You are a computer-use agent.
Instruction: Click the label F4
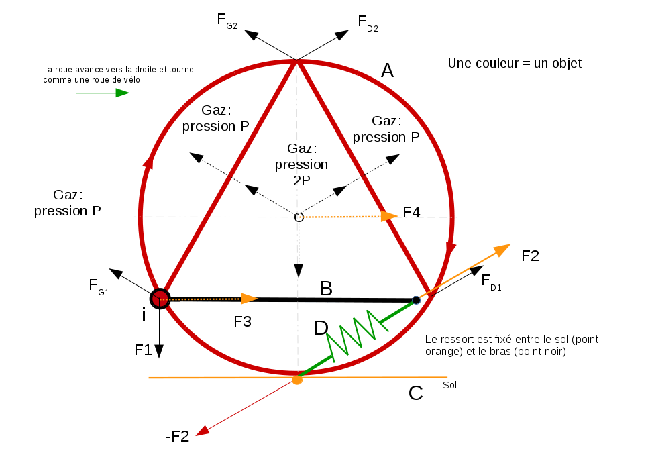[411, 213]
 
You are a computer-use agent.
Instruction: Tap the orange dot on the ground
[297, 380]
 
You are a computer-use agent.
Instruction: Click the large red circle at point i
[160, 298]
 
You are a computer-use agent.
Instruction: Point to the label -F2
[178, 436]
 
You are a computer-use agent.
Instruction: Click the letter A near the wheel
[387, 70]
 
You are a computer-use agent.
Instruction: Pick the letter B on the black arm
[326, 289]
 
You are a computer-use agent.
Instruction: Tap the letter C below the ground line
[415, 393]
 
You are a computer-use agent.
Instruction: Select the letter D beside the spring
[321, 328]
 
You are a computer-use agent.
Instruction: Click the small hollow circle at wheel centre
[299, 217]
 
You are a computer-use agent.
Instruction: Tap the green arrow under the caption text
[102, 93]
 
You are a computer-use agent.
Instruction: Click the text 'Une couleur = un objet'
[515, 64]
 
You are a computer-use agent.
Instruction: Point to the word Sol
[450, 385]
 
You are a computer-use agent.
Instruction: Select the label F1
[143, 350]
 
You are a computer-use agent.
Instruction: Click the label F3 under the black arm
[242, 321]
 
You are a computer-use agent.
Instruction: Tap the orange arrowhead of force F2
[502, 250]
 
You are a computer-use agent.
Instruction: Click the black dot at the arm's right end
[416, 300]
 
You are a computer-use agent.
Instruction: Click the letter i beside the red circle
[143, 314]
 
